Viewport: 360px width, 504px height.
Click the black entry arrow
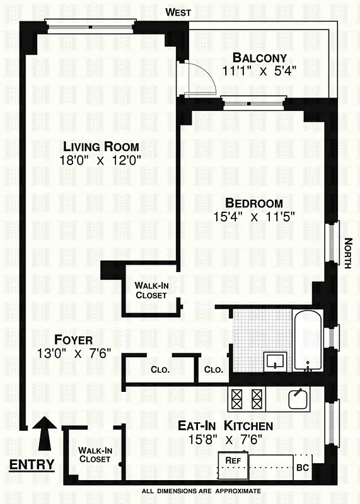(45, 434)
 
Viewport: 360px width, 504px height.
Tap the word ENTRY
(32, 466)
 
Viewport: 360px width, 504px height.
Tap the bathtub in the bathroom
(308, 340)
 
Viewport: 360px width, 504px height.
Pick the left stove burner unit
(238, 398)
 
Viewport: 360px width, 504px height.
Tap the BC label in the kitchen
(303, 467)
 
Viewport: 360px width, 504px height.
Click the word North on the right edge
(348, 253)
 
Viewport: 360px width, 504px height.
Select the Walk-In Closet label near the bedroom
(151, 290)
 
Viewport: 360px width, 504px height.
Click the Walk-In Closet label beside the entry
(95, 454)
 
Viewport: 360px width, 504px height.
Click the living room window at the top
(90, 26)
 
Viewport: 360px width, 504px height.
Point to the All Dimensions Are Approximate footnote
(200, 491)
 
